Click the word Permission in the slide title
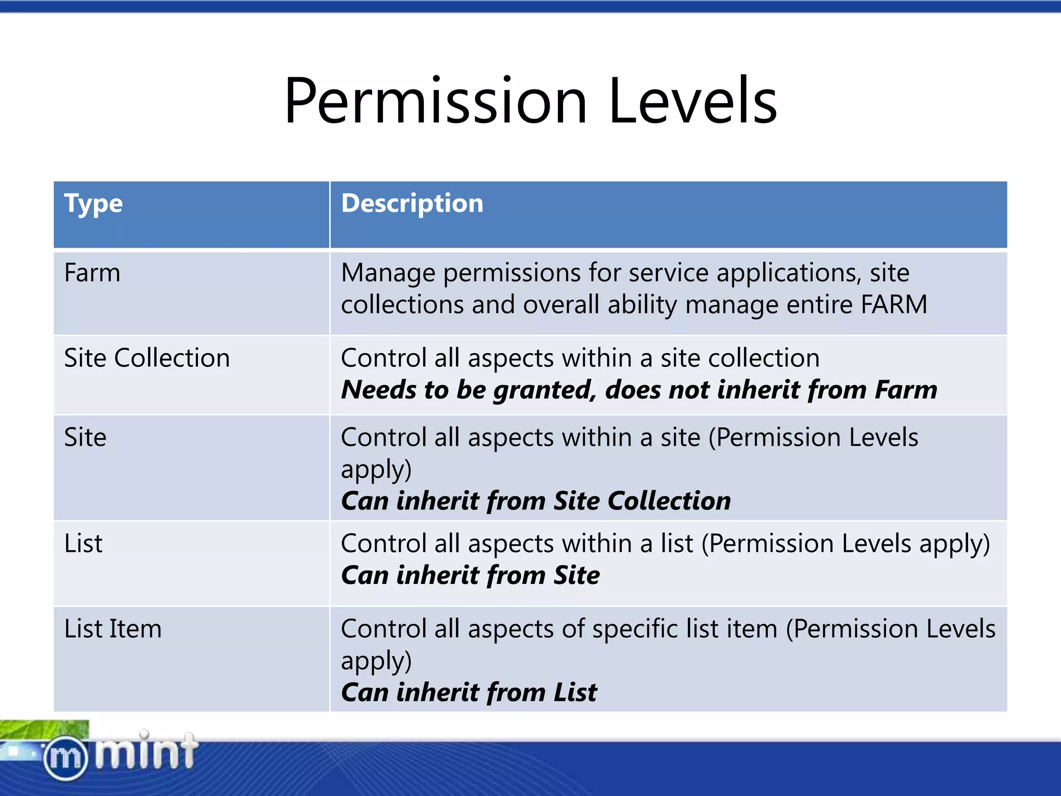pos(435,101)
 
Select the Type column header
pos(93,204)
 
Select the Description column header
pos(412,203)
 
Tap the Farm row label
pos(92,273)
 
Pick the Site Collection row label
pos(147,358)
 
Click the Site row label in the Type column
pos(85,437)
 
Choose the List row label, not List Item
pos(83,544)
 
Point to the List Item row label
pos(112,629)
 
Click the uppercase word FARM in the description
pos(894,304)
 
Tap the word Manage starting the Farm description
pos(388,273)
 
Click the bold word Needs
pos(378,390)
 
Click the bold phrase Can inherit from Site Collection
pos(536,501)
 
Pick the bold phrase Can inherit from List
pos(469,692)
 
